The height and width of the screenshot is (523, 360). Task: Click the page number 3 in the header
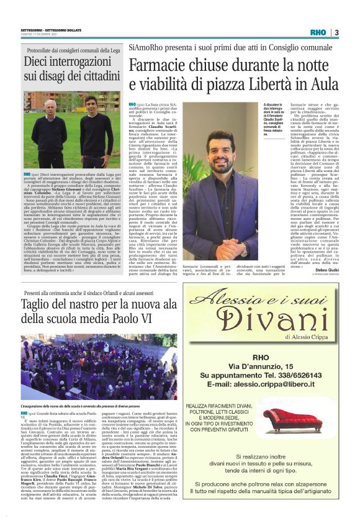coord(336,32)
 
